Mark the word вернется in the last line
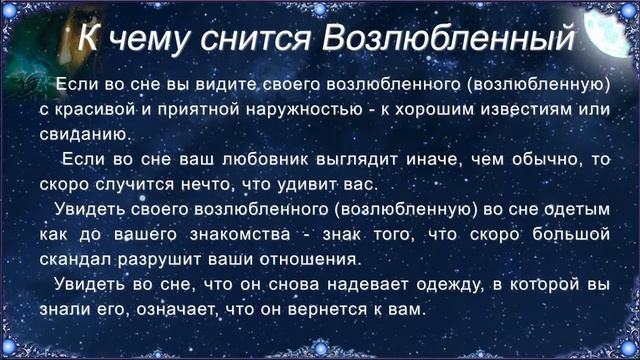tap(327, 311)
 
